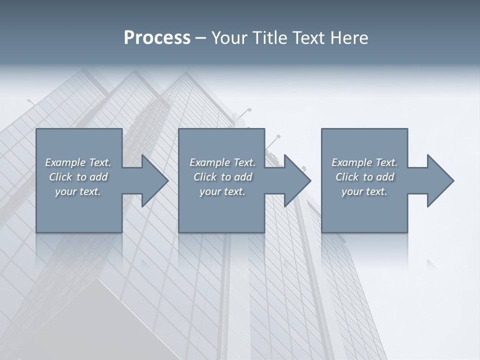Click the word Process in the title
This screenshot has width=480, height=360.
pyautogui.click(x=157, y=38)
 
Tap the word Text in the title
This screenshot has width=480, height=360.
pyautogui.click(x=308, y=38)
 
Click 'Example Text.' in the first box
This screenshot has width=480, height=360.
pyautogui.click(x=78, y=162)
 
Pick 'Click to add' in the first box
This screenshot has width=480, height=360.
pyautogui.click(x=78, y=177)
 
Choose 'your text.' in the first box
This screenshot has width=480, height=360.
pyautogui.click(x=78, y=191)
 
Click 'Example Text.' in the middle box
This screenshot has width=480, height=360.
pyautogui.click(x=222, y=162)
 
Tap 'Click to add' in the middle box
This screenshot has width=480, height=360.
pyautogui.click(x=222, y=177)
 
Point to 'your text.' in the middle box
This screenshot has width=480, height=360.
pyautogui.click(x=222, y=191)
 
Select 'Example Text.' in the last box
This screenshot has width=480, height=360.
pyautogui.click(x=364, y=162)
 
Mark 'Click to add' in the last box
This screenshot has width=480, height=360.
pyautogui.click(x=364, y=177)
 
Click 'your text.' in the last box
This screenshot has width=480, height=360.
pyautogui.click(x=364, y=191)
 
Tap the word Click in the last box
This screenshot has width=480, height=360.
pyautogui.click(x=347, y=177)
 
